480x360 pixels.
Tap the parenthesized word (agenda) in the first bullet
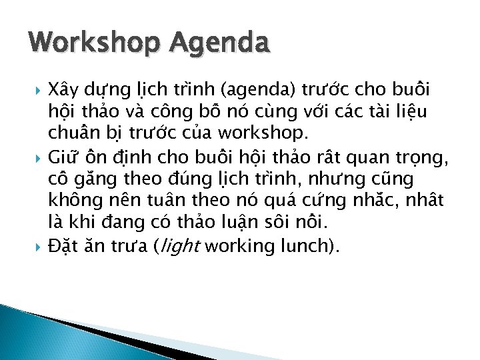coord(257,89)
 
